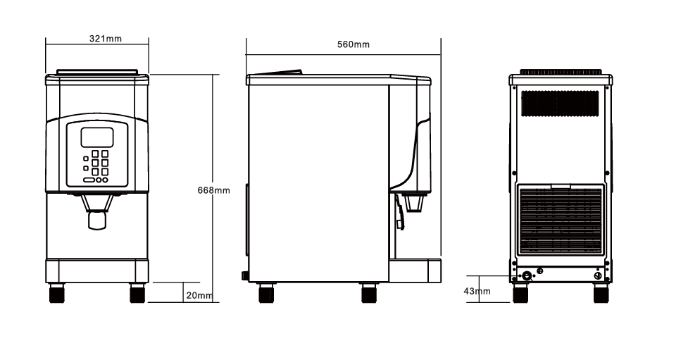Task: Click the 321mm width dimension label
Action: (x=106, y=39)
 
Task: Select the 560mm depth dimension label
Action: (x=354, y=44)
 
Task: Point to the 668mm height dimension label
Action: (x=213, y=190)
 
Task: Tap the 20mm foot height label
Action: (x=199, y=295)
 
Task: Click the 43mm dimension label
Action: (x=477, y=291)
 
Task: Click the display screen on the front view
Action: (x=97, y=137)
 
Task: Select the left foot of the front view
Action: (x=56, y=293)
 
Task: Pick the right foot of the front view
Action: (x=137, y=293)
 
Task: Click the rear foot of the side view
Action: (x=266, y=293)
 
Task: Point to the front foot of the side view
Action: (x=369, y=293)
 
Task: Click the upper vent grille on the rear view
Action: (x=560, y=104)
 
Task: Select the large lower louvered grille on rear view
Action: (x=561, y=221)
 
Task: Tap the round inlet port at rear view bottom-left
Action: (x=527, y=276)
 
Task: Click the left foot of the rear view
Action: (x=520, y=293)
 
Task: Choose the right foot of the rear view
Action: (x=601, y=293)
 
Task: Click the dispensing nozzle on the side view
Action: (x=414, y=204)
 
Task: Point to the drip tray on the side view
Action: (x=415, y=271)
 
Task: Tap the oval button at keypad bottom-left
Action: (x=89, y=180)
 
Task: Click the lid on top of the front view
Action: (x=97, y=72)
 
